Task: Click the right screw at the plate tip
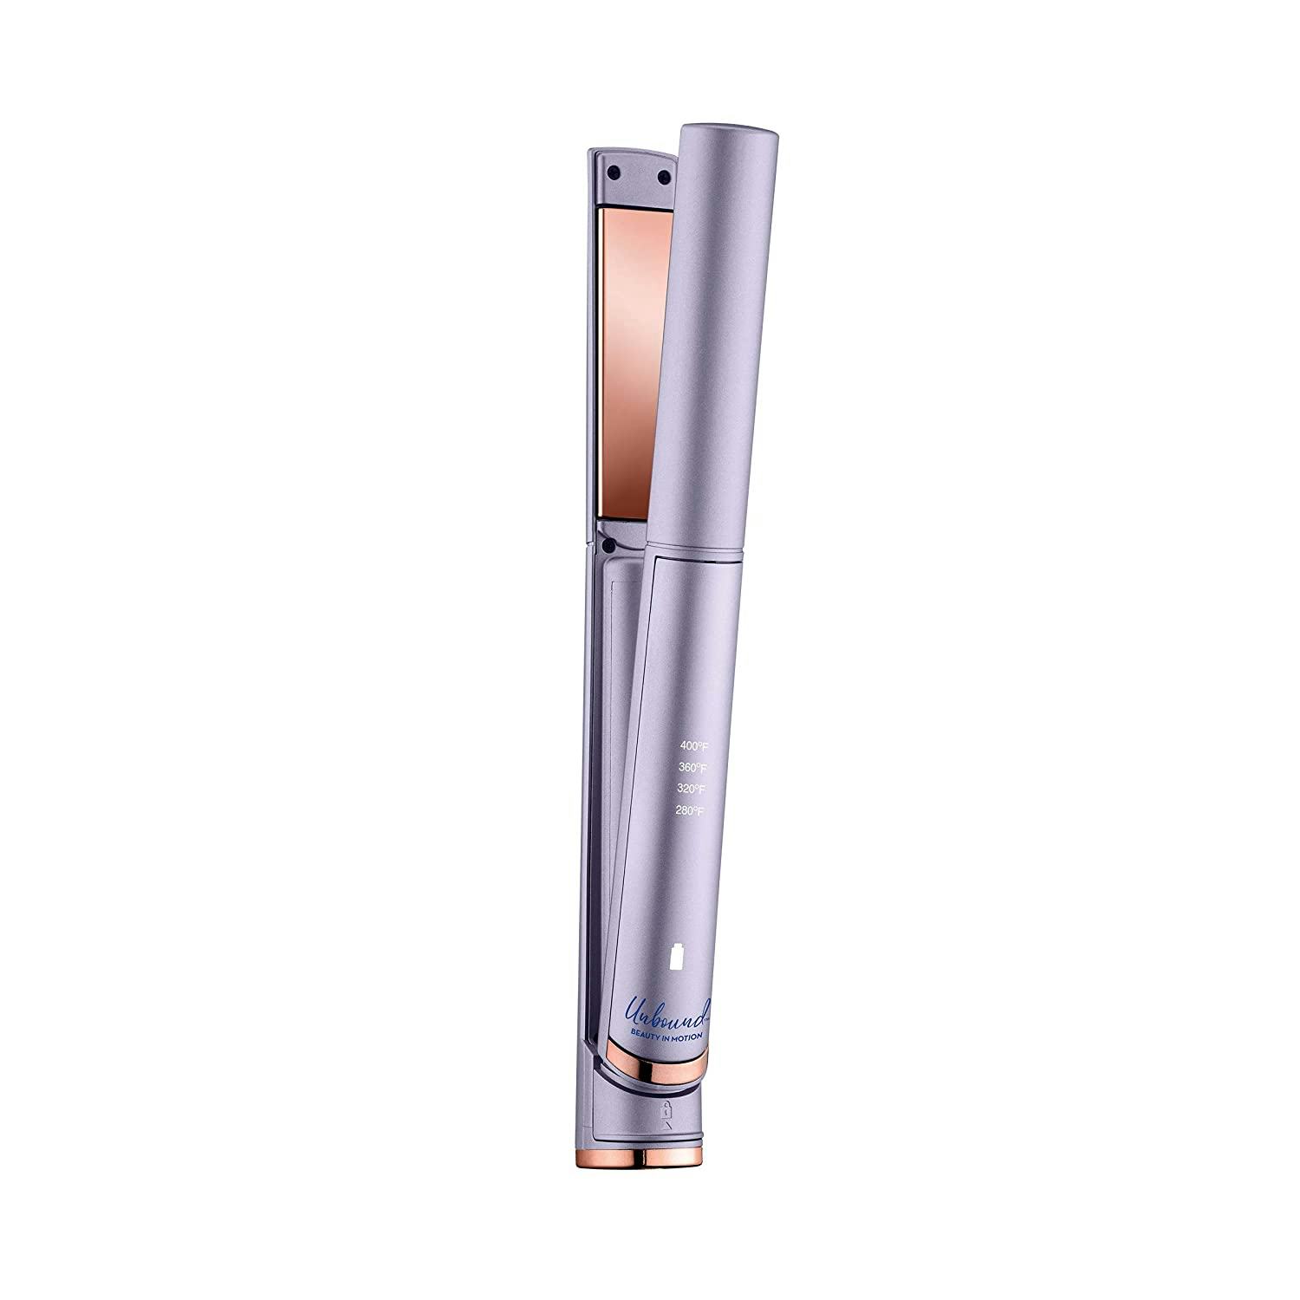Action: coord(664,178)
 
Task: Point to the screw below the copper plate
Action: coord(610,546)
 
